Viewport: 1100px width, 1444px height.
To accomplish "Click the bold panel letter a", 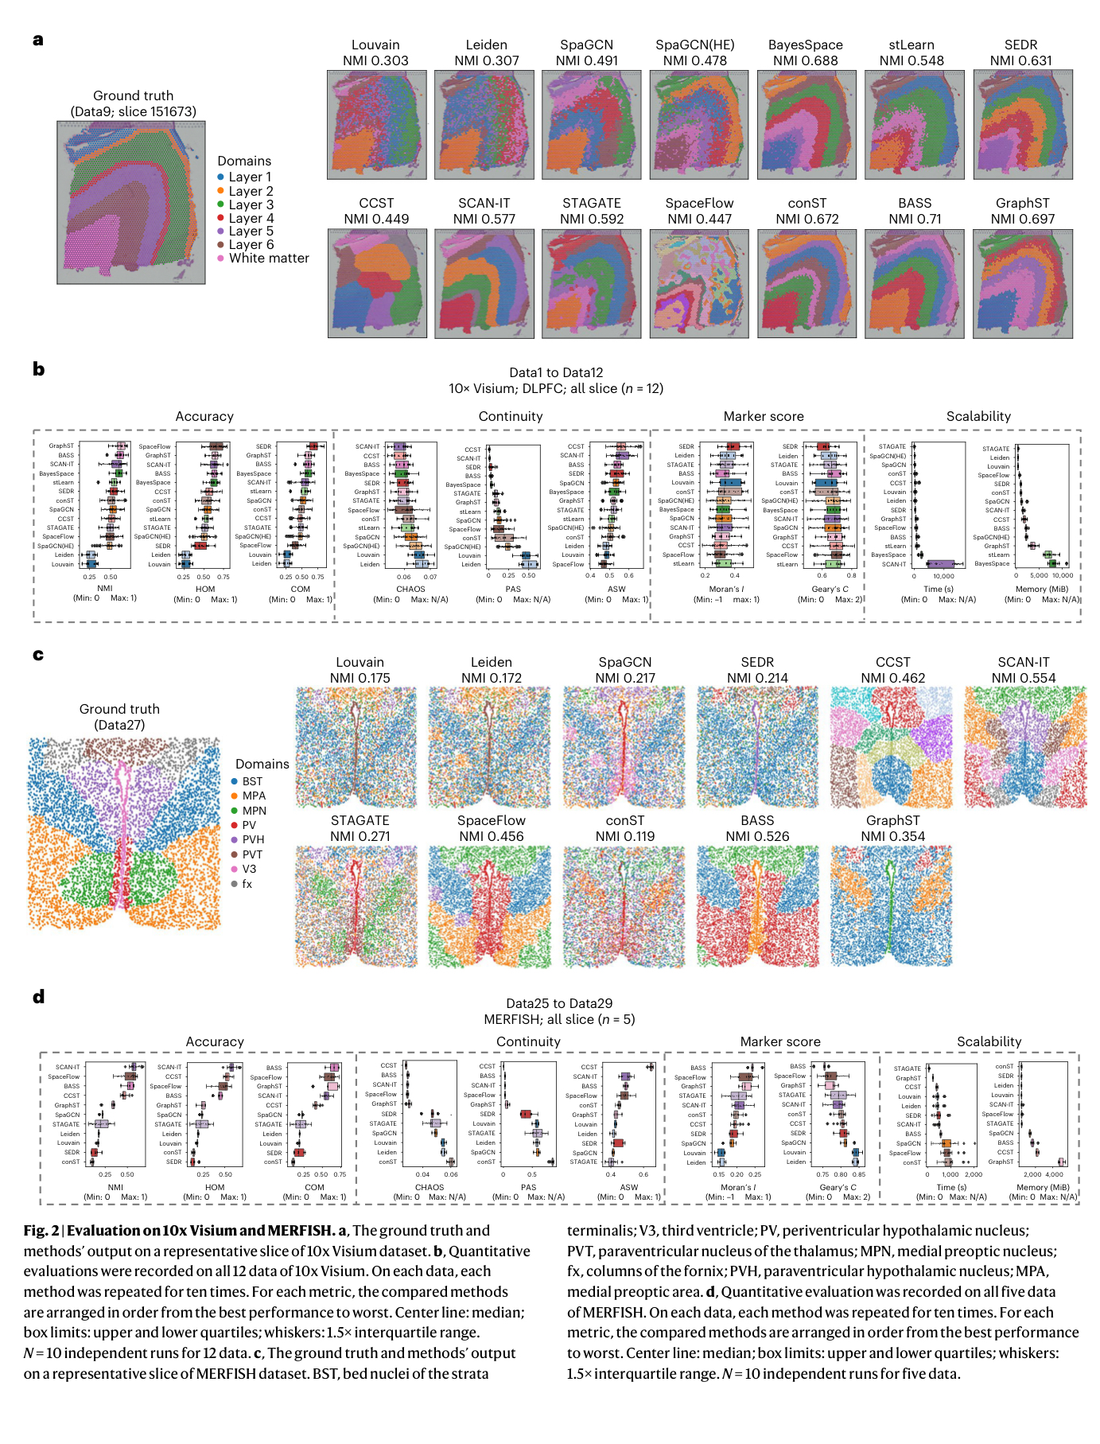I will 38,40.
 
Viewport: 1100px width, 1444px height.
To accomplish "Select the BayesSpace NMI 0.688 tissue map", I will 807,125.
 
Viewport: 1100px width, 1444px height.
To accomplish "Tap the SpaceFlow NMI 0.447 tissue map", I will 699,284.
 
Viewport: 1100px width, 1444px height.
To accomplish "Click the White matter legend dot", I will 221,259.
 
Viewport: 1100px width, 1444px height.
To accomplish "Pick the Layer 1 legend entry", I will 245,177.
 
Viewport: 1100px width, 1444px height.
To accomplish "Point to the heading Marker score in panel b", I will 763,416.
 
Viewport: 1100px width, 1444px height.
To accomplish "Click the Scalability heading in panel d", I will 989,1041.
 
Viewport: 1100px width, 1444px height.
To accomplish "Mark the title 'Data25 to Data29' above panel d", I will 559,1003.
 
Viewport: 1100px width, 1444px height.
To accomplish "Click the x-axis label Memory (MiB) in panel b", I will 1042,590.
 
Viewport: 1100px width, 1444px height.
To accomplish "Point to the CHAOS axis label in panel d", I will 430,1187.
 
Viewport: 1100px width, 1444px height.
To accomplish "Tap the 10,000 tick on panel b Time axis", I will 943,576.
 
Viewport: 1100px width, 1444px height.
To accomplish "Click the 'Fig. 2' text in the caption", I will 41,1231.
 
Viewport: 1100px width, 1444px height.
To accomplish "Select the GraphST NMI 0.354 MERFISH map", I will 892,905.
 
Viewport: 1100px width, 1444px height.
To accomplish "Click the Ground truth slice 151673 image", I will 131,203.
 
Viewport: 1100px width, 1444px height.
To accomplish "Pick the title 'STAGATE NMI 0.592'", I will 591,211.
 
